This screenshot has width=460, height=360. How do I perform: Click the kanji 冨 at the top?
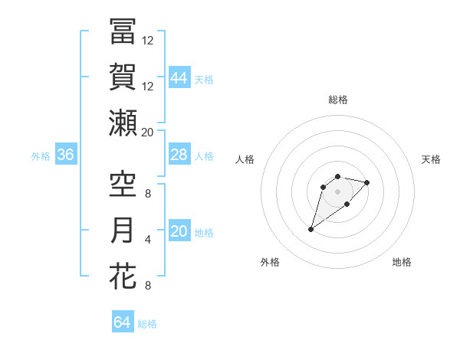[123, 32]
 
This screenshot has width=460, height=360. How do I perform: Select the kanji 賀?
[123, 77]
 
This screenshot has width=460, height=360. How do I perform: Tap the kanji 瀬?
[123, 123]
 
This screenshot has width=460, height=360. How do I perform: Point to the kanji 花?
[123, 276]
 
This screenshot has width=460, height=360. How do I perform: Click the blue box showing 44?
[179, 77]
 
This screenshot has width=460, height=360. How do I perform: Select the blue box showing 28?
[179, 155]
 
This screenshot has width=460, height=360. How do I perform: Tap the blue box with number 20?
[179, 231]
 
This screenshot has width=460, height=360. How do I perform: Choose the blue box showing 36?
[66, 155]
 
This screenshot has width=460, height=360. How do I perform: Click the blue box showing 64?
[123, 322]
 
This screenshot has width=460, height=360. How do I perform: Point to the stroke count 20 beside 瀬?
[147, 133]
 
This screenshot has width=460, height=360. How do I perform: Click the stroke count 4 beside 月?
[147, 240]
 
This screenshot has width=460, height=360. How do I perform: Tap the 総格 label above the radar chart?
[337, 100]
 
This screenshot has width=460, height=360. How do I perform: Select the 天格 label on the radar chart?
[432, 159]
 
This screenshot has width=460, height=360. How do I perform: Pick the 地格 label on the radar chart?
[402, 262]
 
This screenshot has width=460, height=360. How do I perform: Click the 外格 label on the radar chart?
[270, 262]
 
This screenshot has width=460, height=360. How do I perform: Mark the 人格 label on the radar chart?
[245, 159]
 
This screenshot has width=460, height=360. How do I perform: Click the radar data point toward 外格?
[311, 229]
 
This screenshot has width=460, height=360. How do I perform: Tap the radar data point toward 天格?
[367, 182]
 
